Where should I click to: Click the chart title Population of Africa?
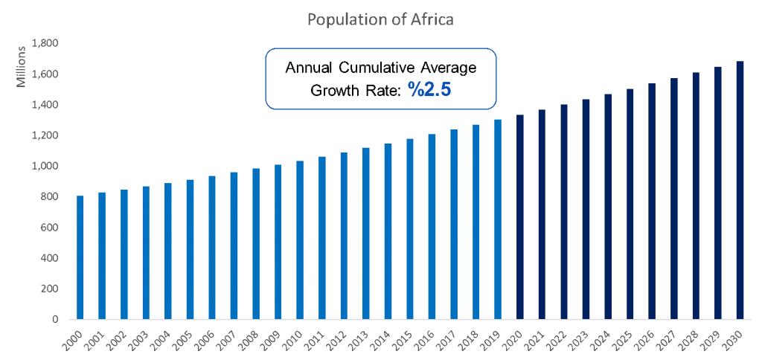coord(380,19)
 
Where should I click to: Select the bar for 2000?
coord(80,257)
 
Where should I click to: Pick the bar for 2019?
coord(498,219)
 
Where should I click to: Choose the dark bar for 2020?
coord(519,216)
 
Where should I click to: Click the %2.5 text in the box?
coord(429,89)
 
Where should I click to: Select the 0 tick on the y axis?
coord(55,320)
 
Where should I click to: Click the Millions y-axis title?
coord(22,66)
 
